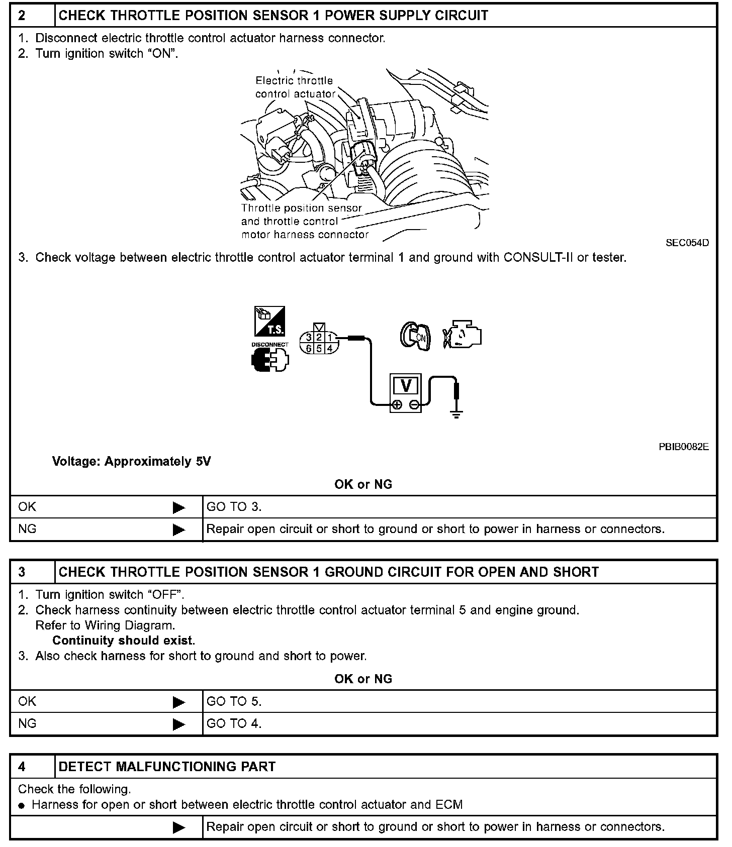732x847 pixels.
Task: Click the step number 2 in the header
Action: click(22, 16)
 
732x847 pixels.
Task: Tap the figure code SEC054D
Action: click(687, 243)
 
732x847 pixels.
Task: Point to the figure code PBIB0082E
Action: click(684, 447)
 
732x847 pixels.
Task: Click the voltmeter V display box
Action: click(406, 386)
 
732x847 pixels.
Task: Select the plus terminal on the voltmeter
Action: click(397, 405)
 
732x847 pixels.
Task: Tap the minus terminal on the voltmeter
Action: click(414, 405)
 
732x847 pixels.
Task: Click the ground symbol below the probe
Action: click(456, 414)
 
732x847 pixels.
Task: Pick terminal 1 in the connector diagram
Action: click(330, 338)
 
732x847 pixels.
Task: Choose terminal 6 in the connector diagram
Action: click(309, 348)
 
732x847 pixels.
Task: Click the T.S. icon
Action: click(270, 321)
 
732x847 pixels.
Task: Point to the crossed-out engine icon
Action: click(462, 334)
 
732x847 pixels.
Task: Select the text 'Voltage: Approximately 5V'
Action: click(131, 461)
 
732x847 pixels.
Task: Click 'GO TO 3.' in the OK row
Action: click(234, 507)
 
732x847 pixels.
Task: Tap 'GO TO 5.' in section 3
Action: click(234, 701)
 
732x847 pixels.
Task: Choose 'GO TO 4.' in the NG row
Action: click(234, 723)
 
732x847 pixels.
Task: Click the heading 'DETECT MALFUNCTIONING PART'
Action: click(167, 767)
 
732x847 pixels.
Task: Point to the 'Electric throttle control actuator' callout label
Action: click(295, 87)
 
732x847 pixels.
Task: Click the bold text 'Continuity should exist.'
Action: click(124, 641)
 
